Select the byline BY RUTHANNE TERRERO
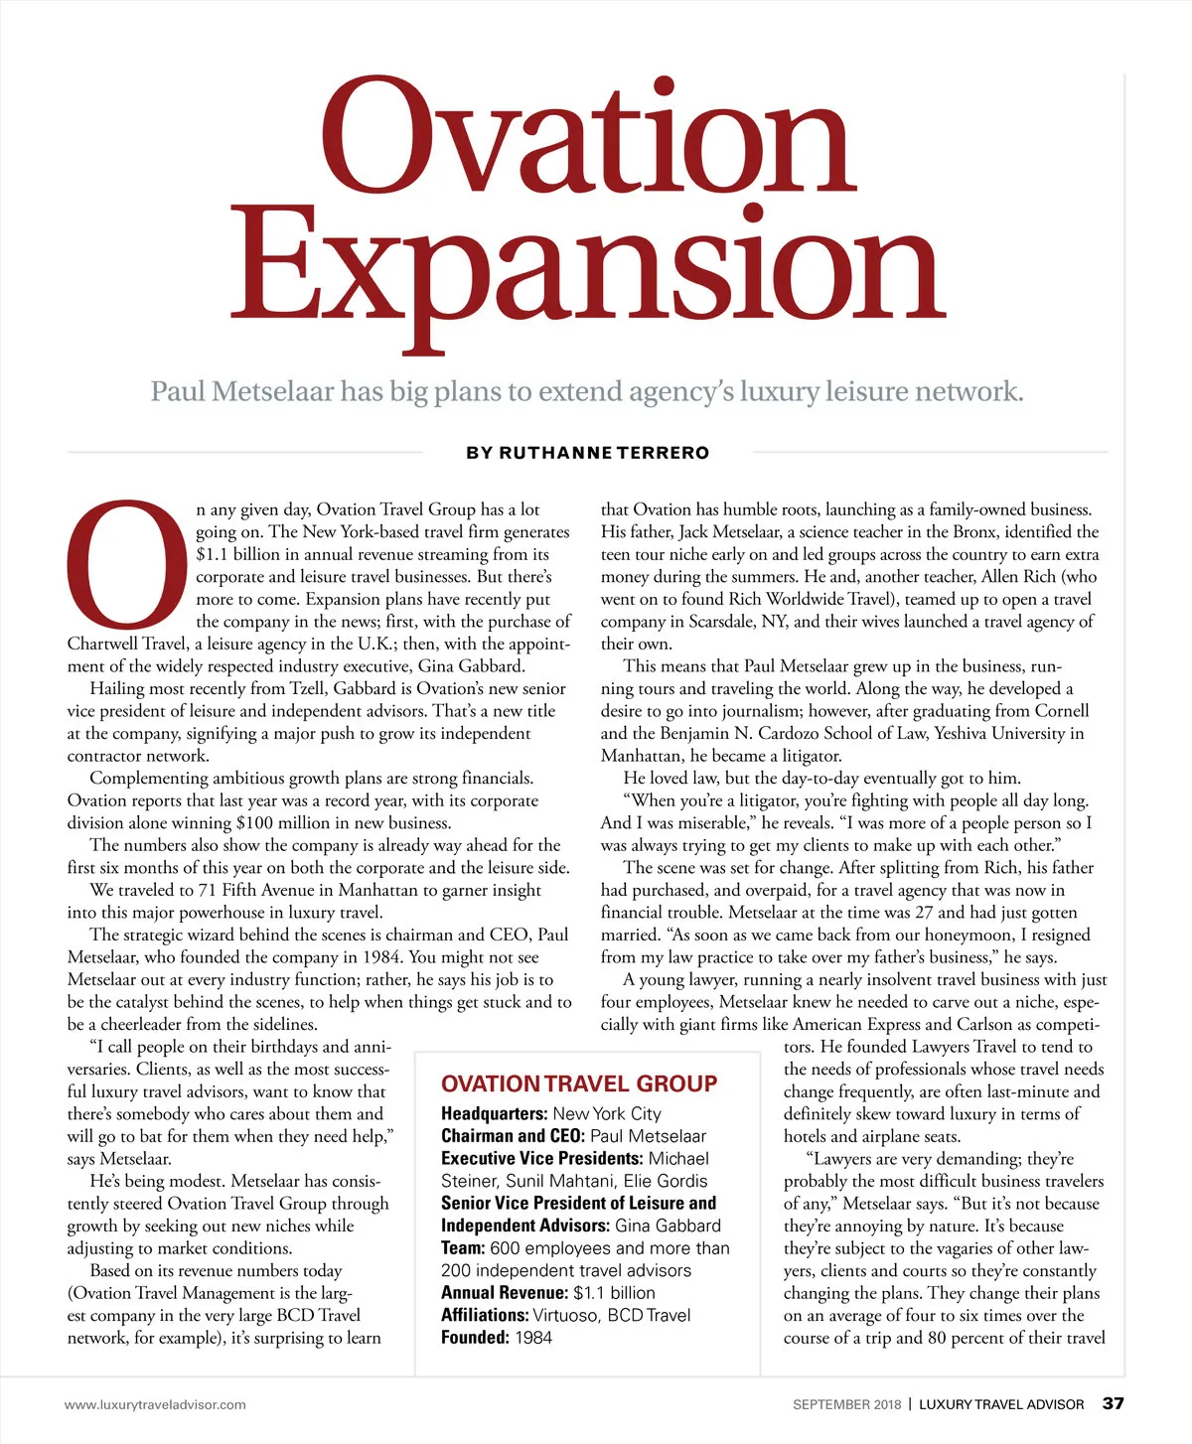(587, 453)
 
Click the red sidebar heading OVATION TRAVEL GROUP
(579, 1083)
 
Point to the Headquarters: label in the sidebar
(494, 1114)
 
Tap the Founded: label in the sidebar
(475, 1338)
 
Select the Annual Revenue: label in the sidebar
(505, 1293)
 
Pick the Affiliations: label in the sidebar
(485, 1315)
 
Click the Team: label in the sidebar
(463, 1248)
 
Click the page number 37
(1114, 1403)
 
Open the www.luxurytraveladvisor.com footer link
(155, 1404)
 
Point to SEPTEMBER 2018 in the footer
(846, 1404)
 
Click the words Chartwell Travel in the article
(128, 644)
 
